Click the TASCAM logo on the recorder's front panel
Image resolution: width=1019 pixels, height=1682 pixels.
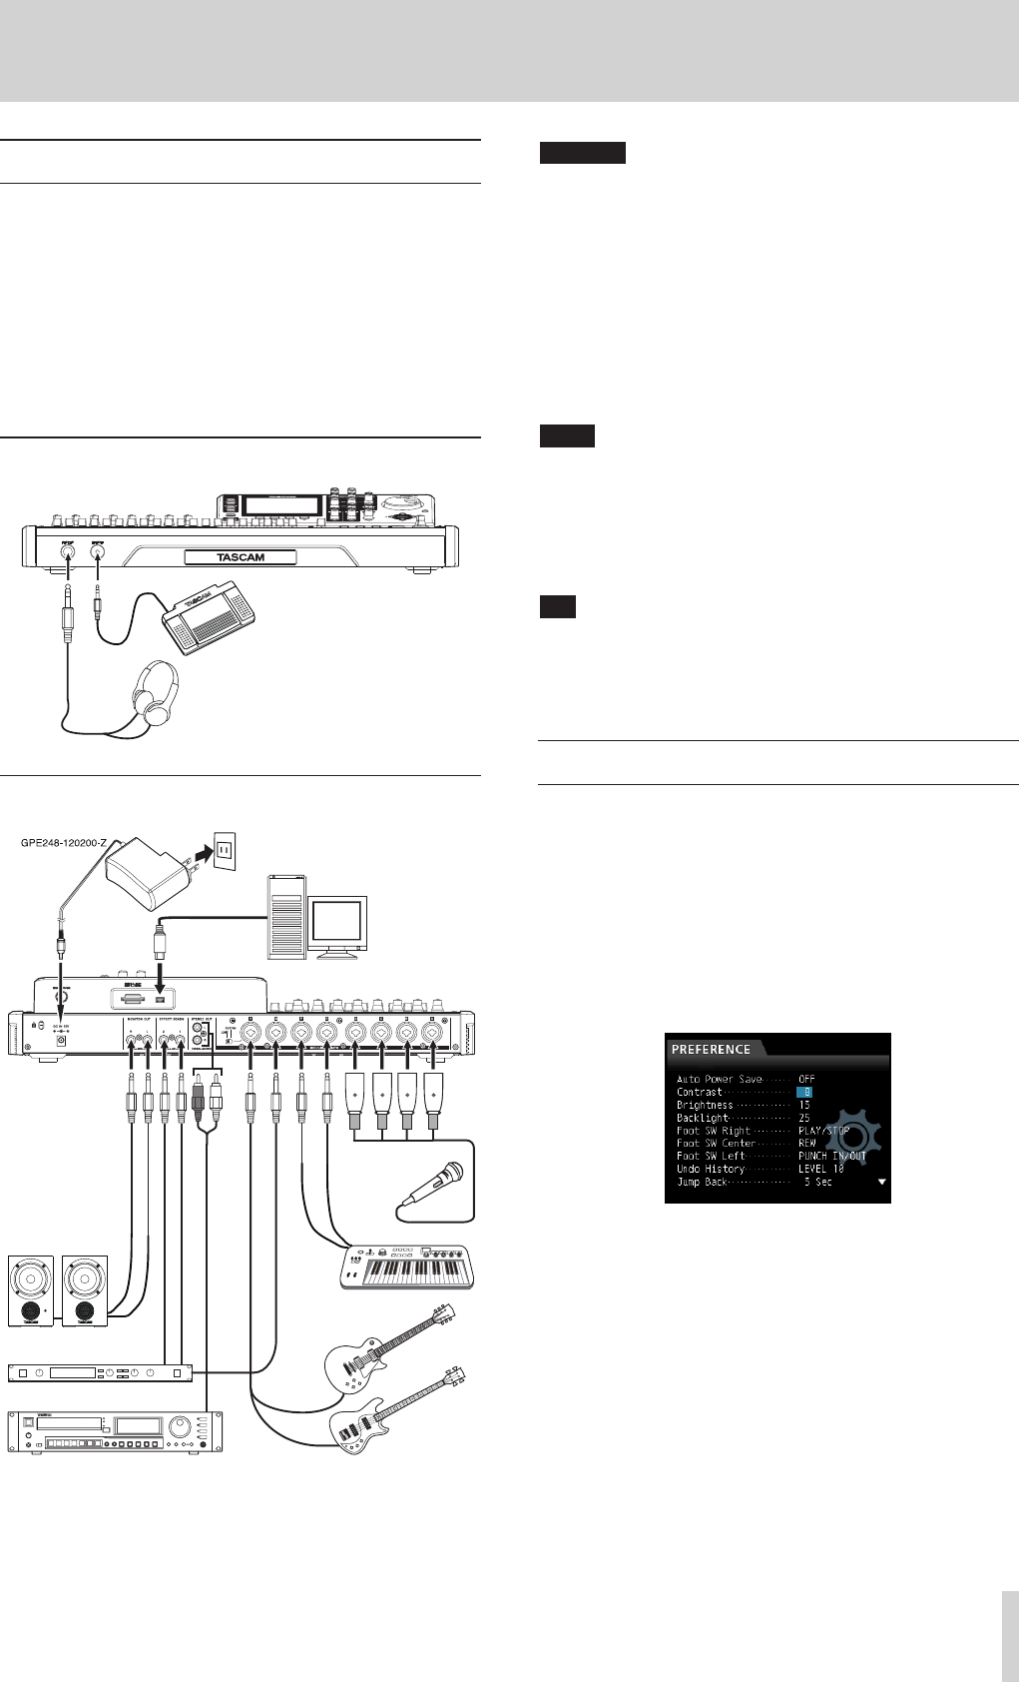[240, 556]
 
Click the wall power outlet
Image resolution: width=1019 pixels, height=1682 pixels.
[224, 850]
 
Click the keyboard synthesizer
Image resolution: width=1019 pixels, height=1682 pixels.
[407, 1266]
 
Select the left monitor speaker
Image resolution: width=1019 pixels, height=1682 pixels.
[31, 1289]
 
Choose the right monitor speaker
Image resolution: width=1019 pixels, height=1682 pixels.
[84, 1289]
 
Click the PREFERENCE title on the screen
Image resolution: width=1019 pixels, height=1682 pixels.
[712, 1050]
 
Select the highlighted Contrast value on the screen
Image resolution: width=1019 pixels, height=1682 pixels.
[804, 1093]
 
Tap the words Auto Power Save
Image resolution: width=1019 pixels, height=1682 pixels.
[719, 1080]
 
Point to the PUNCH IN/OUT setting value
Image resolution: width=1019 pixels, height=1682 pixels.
[831, 1157]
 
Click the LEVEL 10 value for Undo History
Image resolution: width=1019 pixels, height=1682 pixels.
[820, 1169]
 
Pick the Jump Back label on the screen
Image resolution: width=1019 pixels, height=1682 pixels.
[704, 1182]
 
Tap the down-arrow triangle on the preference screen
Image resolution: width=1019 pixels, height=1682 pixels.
[880, 1182]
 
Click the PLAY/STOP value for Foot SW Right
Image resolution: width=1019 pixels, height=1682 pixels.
[823, 1131]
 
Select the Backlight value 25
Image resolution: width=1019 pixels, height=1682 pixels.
[804, 1119]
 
